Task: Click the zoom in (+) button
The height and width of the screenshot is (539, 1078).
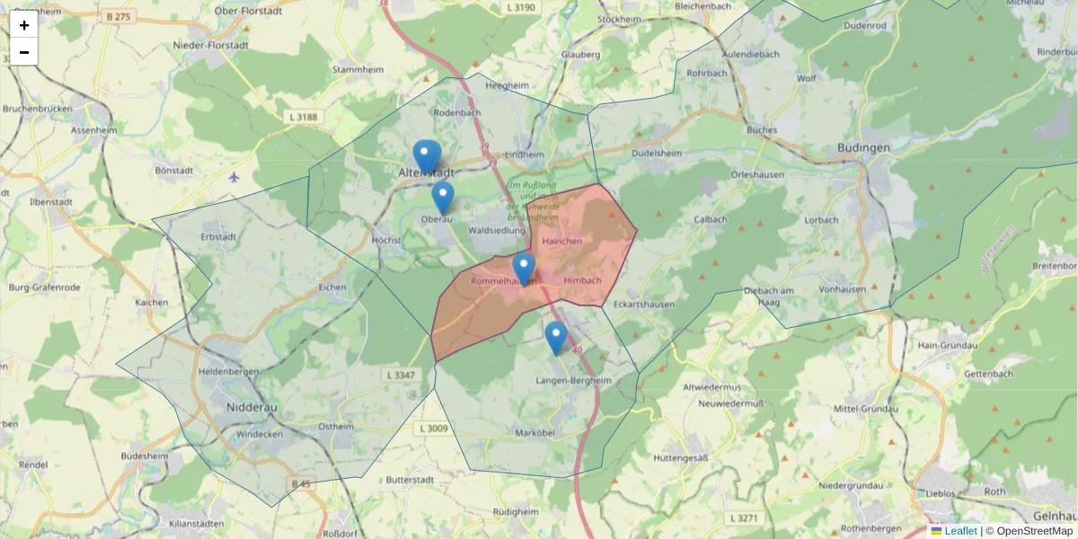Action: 24,25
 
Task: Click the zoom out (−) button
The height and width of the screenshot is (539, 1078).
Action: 24,52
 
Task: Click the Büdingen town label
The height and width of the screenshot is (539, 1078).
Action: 862,148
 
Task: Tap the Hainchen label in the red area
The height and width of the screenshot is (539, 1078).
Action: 562,242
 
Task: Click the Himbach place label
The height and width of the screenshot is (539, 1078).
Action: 582,281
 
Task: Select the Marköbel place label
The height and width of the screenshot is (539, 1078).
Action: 537,433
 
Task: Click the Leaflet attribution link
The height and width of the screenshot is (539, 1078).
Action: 960,531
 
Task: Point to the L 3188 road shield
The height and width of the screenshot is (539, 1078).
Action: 305,118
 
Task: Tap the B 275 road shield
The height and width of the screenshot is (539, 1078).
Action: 118,16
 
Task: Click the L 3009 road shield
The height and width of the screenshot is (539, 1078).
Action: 433,429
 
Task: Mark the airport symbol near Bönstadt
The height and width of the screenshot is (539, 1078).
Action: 234,176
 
